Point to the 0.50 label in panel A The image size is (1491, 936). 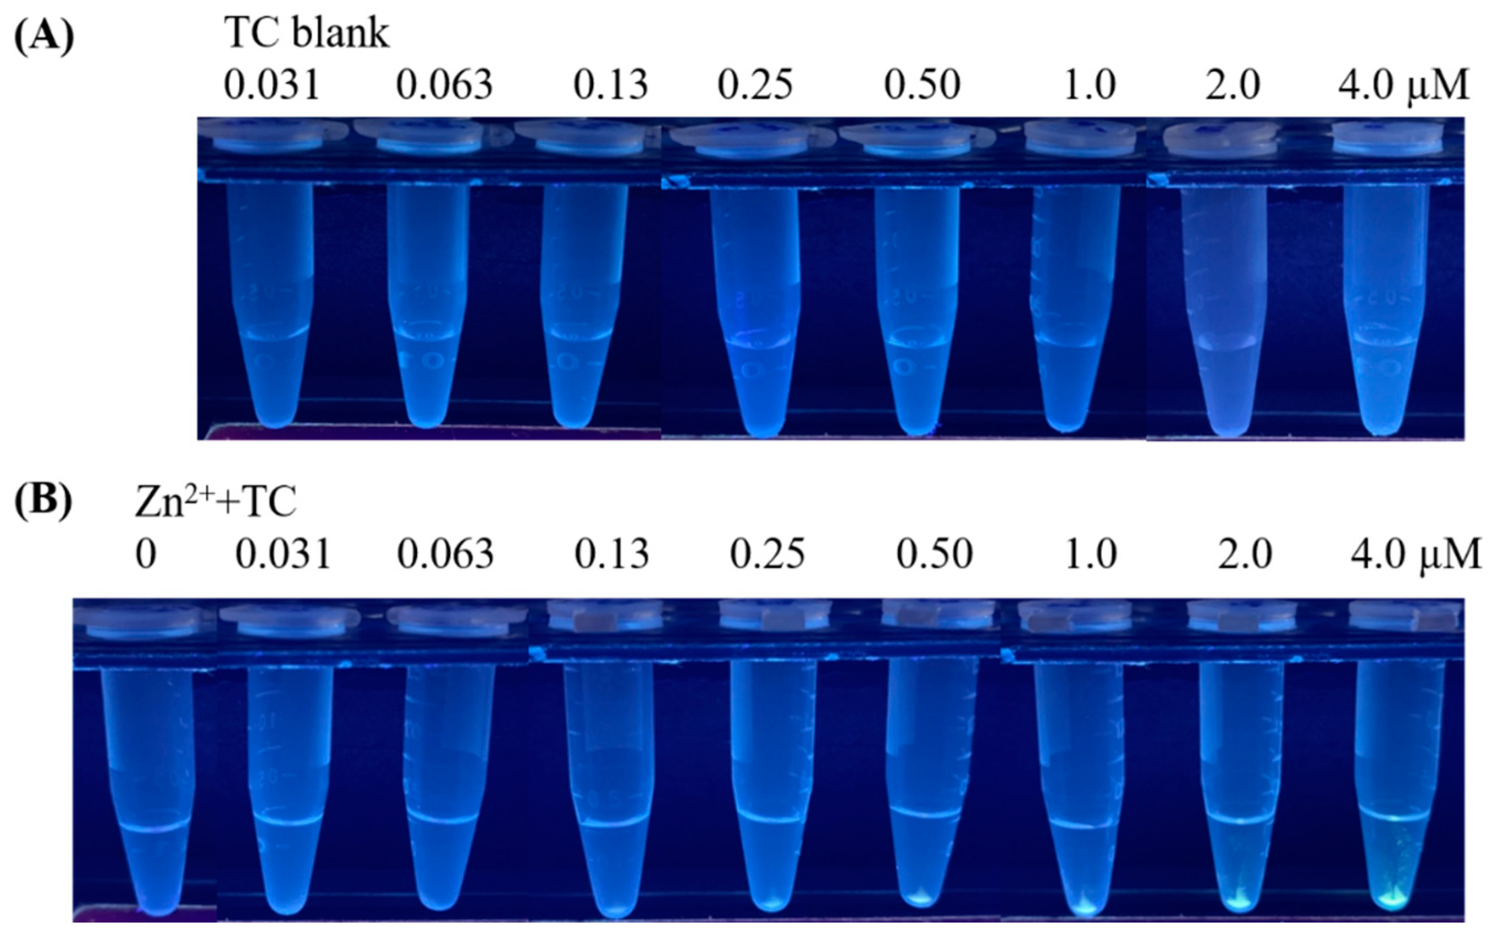click(x=922, y=85)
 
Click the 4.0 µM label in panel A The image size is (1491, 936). click(x=1402, y=85)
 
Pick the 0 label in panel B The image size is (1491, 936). click(x=146, y=554)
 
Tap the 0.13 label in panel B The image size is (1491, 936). click(x=612, y=554)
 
